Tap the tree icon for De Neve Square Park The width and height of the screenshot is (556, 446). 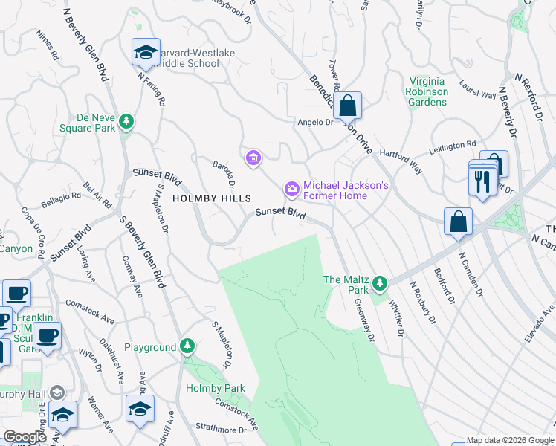(x=127, y=121)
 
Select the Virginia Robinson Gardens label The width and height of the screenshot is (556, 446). (x=427, y=91)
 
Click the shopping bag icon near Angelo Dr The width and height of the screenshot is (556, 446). (x=347, y=106)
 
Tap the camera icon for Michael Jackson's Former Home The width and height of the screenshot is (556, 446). (x=292, y=190)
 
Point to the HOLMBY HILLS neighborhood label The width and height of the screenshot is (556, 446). (x=212, y=198)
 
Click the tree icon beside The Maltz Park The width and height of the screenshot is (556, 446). (x=380, y=282)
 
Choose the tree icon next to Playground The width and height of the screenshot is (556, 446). (x=187, y=347)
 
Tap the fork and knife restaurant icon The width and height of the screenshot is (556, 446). (x=482, y=181)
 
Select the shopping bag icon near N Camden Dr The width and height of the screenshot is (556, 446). (x=458, y=222)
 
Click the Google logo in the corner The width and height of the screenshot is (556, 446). (x=25, y=437)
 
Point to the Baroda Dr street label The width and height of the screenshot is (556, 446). (x=224, y=175)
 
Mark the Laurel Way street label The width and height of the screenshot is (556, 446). (x=477, y=90)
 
